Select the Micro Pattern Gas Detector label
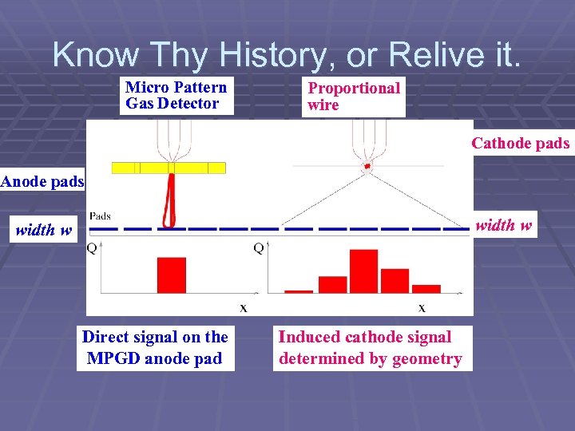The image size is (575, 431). (x=176, y=95)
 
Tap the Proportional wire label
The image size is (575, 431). (x=354, y=96)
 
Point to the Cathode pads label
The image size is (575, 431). (x=520, y=144)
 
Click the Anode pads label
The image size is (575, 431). (x=42, y=181)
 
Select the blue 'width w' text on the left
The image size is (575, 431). (x=44, y=231)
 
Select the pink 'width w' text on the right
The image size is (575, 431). (x=504, y=225)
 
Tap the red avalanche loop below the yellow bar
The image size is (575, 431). (x=169, y=200)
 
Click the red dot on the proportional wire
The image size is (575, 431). (x=367, y=166)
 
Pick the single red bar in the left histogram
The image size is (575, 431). (x=171, y=275)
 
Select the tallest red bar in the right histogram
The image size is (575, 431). (x=363, y=271)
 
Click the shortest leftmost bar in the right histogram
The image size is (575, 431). (x=299, y=291)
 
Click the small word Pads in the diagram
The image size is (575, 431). (x=100, y=215)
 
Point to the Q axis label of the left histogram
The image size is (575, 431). (x=92, y=248)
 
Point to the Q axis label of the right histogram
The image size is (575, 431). (x=259, y=248)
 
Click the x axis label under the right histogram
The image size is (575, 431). (x=422, y=307)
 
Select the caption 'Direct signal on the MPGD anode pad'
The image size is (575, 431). (x=155, y=348)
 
